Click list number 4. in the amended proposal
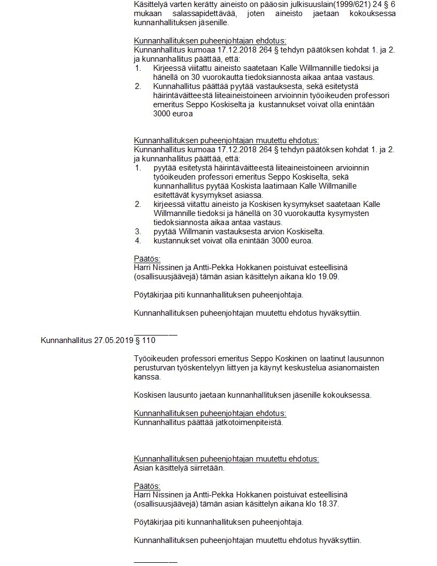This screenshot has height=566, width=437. [138, 241]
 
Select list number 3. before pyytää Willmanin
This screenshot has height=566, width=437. [138, 232]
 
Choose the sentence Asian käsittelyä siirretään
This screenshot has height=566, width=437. [179, 468]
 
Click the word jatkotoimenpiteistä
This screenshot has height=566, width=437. [249, 422]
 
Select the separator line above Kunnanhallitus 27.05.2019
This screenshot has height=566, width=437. [155, 334]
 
